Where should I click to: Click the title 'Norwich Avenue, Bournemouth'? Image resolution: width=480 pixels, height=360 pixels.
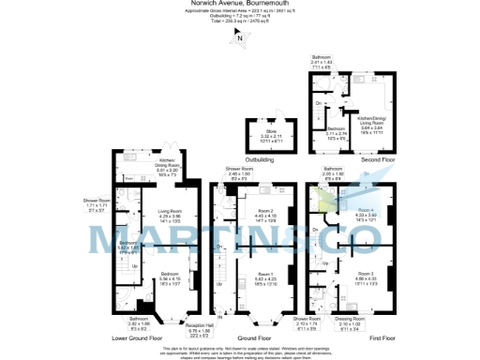click(240, 4)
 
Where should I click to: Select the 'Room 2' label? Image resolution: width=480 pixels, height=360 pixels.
click(263, 210)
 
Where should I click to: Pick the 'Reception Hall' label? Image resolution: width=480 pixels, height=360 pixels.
click(201, 324)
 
